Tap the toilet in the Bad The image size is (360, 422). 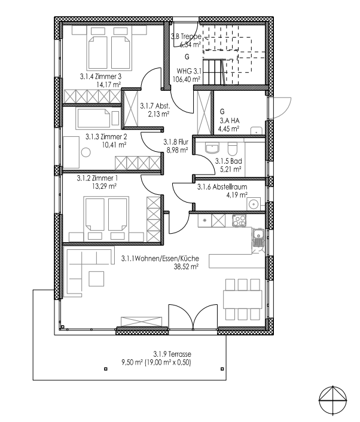click(233, 149)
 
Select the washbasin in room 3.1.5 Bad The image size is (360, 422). click(212, 148)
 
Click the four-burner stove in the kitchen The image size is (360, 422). click(239, 221)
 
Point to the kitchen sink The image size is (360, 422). click(258, 238)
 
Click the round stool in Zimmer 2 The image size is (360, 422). click(86, 152)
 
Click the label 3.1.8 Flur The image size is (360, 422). click(176, 142)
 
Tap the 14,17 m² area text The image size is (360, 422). click(108, 85)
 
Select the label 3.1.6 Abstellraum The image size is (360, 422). click(222, 186)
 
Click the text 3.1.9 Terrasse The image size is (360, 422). click(172, 354)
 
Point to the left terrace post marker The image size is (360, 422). click(106, 369)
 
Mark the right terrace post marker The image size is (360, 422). click(222, 369)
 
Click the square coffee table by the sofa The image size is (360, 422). click(96, 279)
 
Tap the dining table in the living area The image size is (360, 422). click(243, 299)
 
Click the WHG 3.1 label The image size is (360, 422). click(188, 71)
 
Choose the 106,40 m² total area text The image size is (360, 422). click(187, 79)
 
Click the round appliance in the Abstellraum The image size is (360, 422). click(254, 204)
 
